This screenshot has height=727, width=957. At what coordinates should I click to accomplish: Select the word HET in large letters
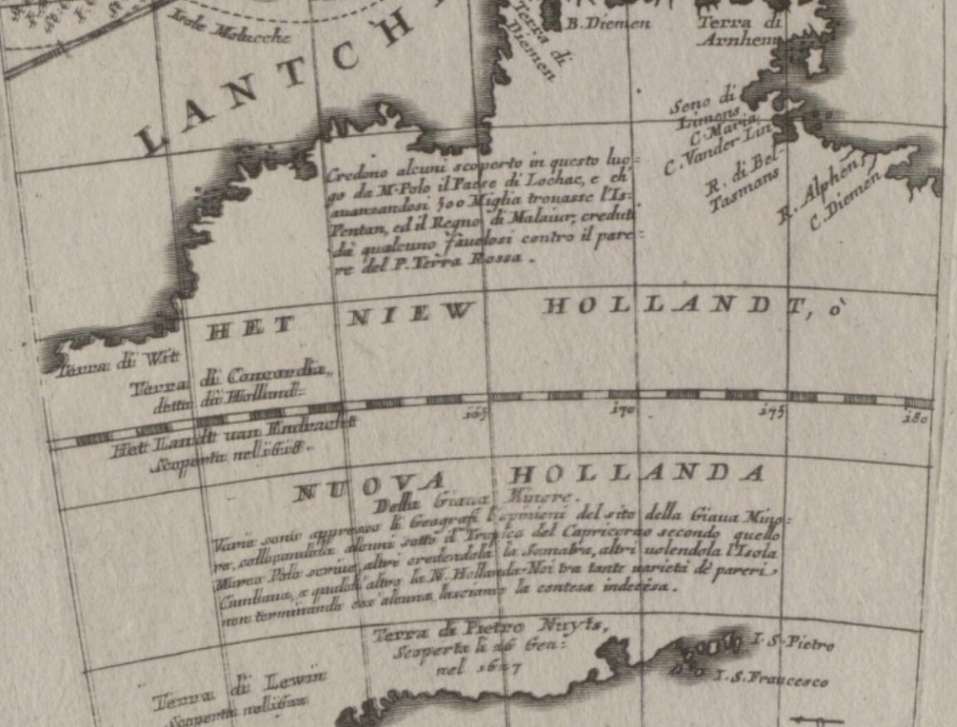pyautogui.click(x=248, y=327)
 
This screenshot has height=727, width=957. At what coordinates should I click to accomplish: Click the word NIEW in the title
pyautogui.click(x=410, y=315)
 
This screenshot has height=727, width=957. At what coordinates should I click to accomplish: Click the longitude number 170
pyautogui.click(x=623, y=409)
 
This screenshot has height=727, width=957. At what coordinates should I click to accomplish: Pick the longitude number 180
pyautogui.click(x=916, y=417)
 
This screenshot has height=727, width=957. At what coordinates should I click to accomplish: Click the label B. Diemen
pyautogui.click(x=608, y=24)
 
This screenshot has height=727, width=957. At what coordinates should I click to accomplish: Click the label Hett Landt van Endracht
pyautogui.click(x=233, y=430)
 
